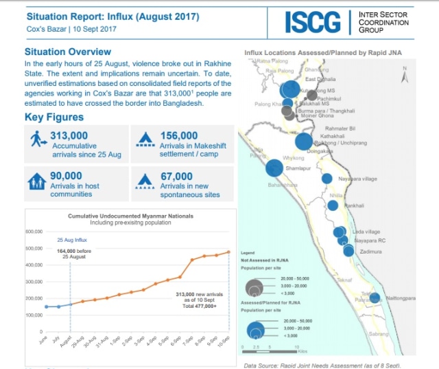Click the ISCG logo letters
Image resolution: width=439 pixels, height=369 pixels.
pyautogui.click(x=313, y=22)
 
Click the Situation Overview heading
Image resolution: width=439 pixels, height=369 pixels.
pyautogui.click(x=68, y=52)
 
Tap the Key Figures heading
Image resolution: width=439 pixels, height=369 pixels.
pyautogui.click(x=54, y=117)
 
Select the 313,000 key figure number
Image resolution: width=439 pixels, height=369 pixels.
pyautogui.click(x=69, y=136)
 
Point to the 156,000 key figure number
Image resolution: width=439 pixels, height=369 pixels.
pyautogui.click(x=179, y=136)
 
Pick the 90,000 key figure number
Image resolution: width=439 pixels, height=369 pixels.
pyautogui.click(x=66, y=176)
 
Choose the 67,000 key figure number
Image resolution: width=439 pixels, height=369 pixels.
pyautogui.click(x=176, y=176)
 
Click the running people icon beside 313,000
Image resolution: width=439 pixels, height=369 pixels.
pyautogui.click(x=37, y=139)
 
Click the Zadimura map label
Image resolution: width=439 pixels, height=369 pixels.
pyautogui.click(x=370, y=252)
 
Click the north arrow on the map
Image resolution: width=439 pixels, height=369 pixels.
pyautogui.click(x=405, y=77)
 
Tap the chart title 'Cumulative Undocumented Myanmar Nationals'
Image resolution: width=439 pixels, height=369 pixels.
pyautogui.click(x=130, y=216)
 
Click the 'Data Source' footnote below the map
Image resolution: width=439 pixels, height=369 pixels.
pyautogui.click(x=322, y=365)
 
